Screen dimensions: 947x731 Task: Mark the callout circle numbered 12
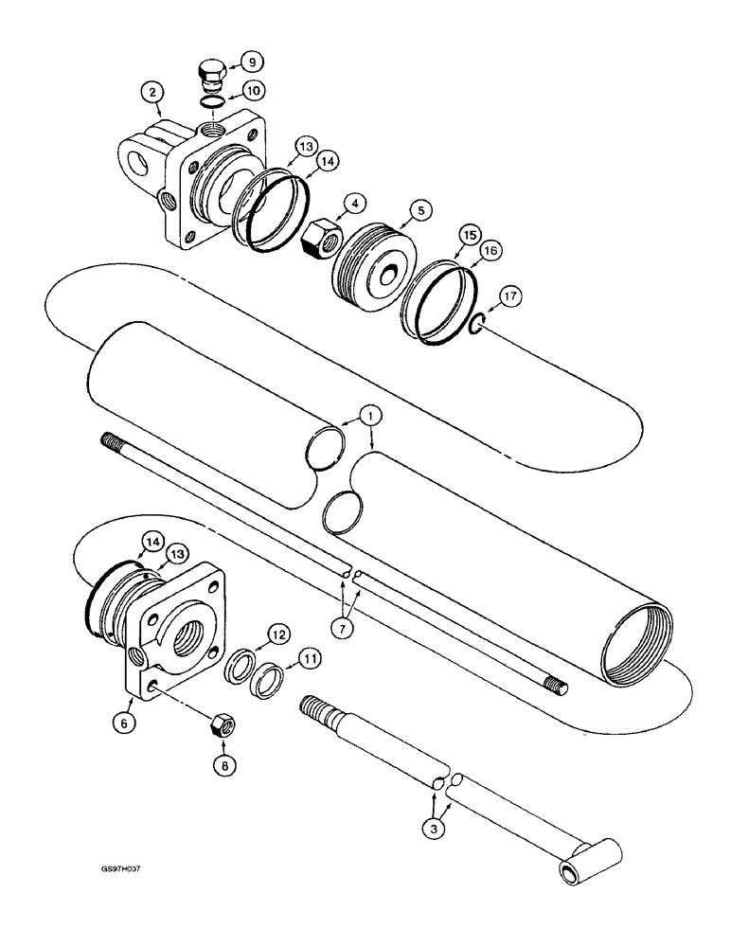click(277, 634)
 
